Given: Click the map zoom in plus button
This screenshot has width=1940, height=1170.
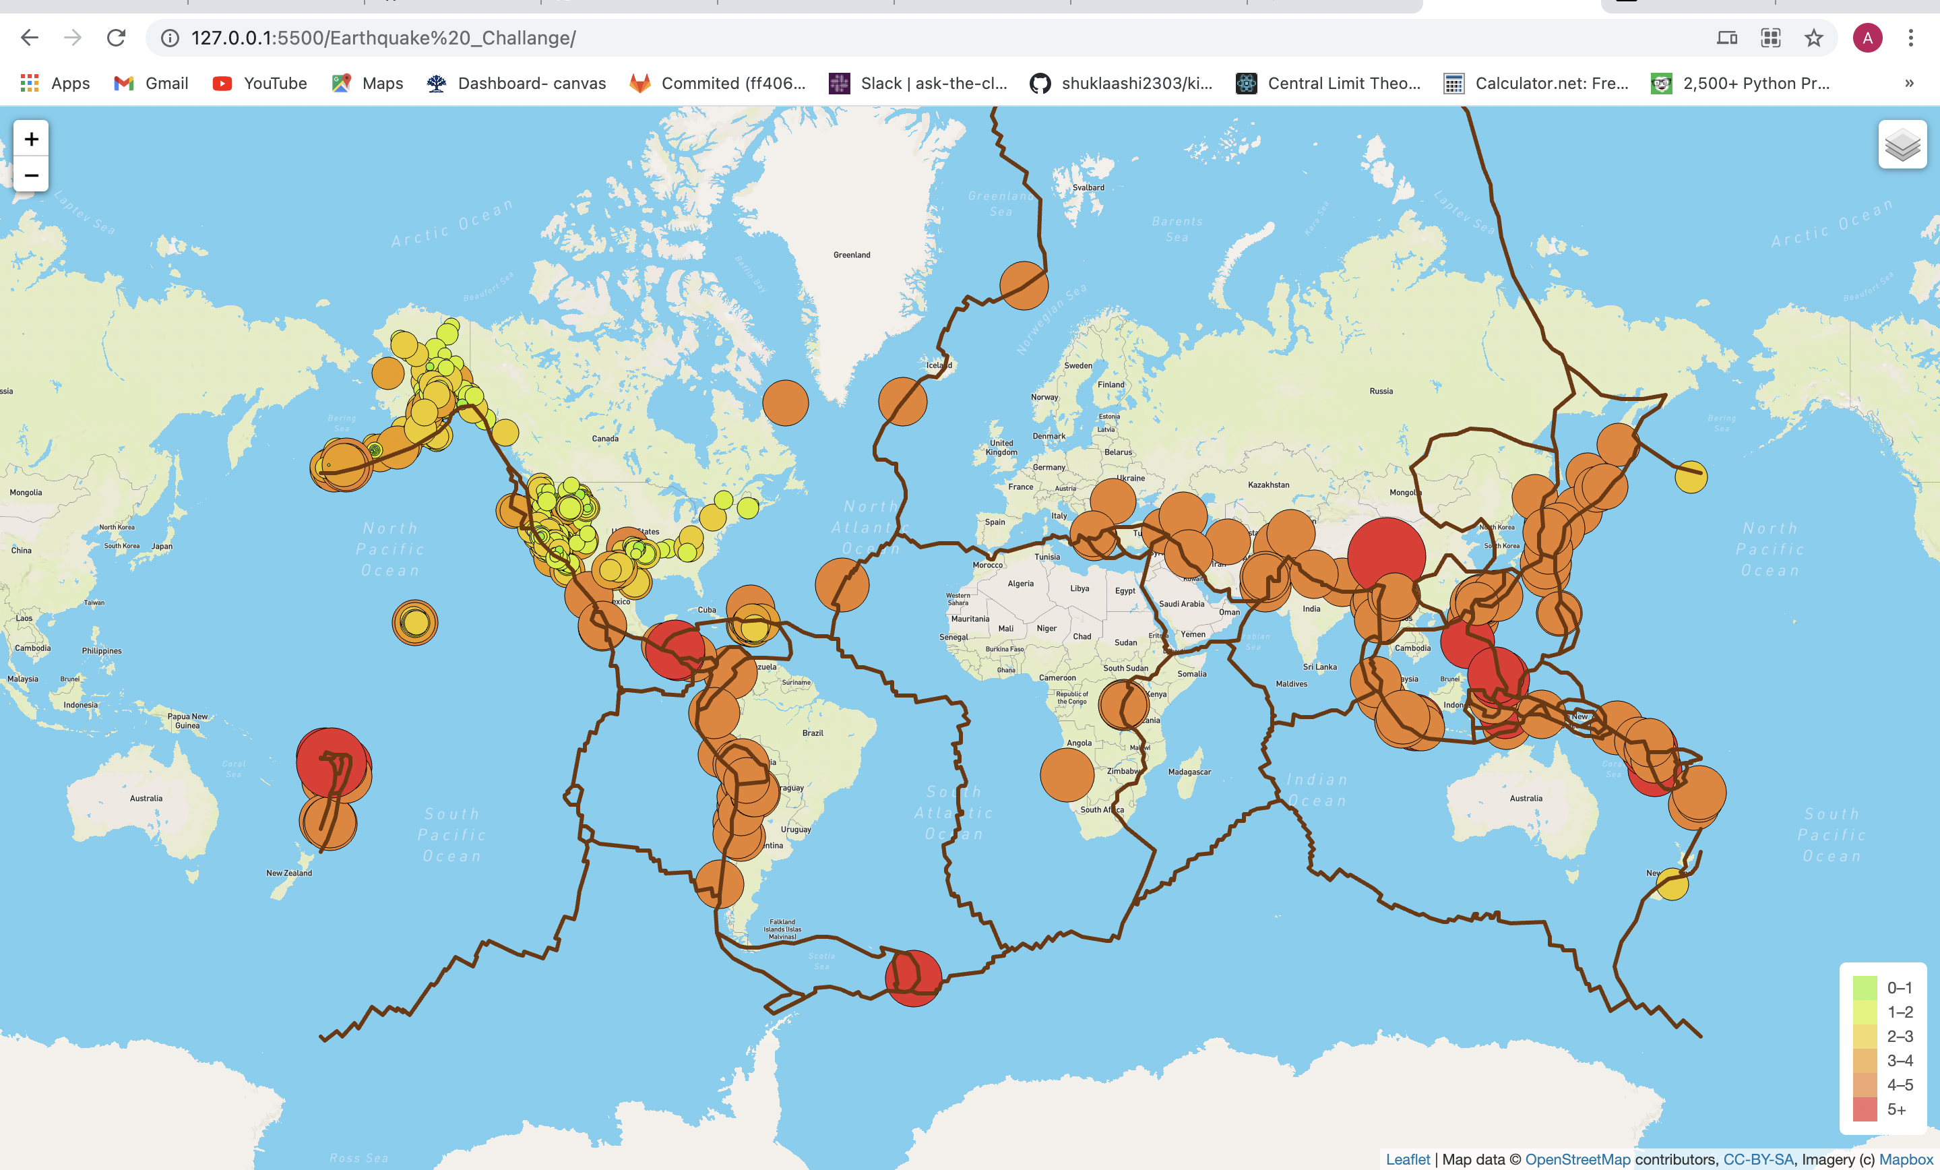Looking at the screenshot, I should [x=32, y=140].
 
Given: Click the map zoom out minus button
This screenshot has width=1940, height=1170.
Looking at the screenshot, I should [x=32, y=175].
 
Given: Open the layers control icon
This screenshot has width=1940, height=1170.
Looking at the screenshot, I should [x=1902, y=145].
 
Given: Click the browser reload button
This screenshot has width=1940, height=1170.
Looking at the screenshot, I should [x=117, y=38].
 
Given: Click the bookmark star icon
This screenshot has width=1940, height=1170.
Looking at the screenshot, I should [x=1814, y=38].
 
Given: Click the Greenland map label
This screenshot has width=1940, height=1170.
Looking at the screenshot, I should [x=852, y=255].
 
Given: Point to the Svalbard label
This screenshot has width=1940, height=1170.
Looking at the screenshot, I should [x=1088, y=187].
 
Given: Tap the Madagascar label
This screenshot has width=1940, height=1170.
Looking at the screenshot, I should [x=1189, y=772].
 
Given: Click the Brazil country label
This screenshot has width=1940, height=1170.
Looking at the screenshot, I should [x=813, y=733].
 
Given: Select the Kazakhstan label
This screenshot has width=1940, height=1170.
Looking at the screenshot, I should [x=1268, y=485].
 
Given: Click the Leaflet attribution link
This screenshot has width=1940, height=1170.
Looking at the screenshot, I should [x=1408, y=1159].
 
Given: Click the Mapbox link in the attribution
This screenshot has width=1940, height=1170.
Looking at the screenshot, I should [x=1906, y=1159].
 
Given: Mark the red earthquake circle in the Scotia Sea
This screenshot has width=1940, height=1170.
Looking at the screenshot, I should [x=913, y=978].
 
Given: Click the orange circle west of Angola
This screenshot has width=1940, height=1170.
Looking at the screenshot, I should [x=1067, y=775].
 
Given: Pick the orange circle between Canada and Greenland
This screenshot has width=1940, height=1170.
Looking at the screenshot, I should [x=785, y=402].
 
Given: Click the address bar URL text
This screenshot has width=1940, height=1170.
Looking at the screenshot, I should [x=383, y=38].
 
